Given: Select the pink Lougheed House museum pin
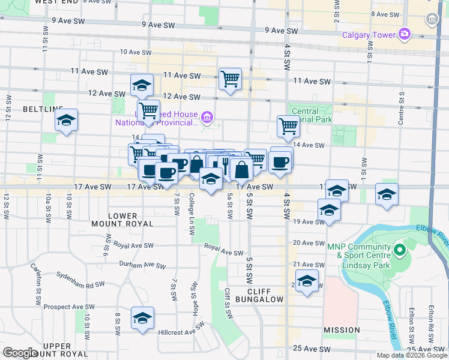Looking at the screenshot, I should [x=207, y=116].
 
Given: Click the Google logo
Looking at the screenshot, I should [x=20, y=353].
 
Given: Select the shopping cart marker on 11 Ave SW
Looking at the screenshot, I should [x=230, y=79].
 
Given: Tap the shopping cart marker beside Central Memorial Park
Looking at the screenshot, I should [x=289, y=127].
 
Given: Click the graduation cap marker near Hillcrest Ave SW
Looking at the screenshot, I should [x=142, y=319].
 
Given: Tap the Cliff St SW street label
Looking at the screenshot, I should [x=228, y=303].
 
